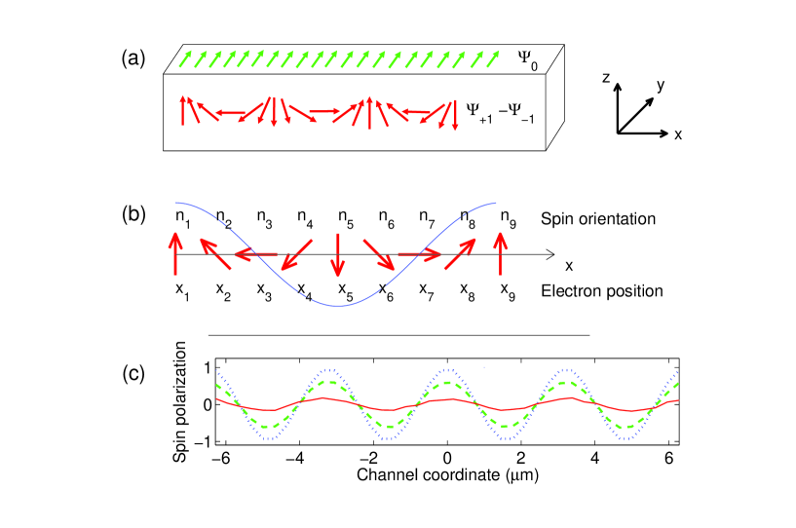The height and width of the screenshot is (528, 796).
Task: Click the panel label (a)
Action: [x=133, y=59]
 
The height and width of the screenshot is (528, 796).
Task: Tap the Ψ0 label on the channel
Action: [x=531, y=60]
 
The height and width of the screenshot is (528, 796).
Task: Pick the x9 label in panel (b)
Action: [x=506, y=290]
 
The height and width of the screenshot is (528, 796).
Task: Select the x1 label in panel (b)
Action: [x=181, y=290]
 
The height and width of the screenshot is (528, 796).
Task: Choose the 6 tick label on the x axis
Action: [x=668, y=455]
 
